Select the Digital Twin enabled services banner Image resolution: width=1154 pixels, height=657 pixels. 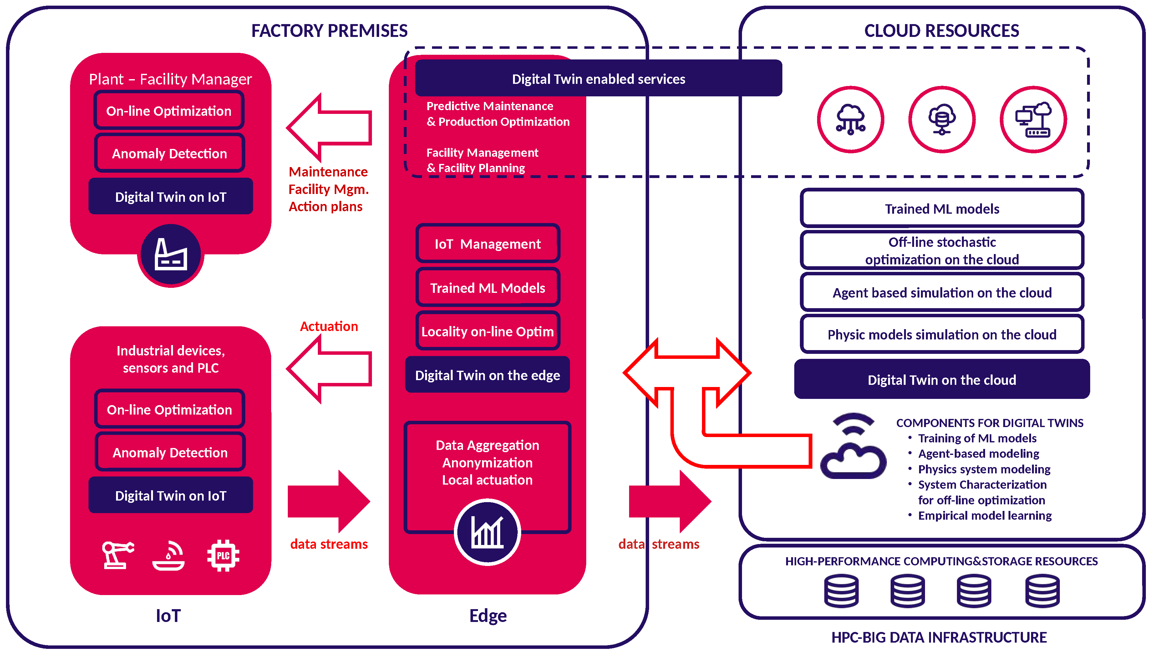click(598, 79)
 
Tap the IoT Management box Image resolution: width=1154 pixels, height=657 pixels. click(487, 244)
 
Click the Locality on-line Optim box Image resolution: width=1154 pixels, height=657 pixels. click(487, 331)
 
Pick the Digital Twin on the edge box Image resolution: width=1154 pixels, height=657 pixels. click(487, 375)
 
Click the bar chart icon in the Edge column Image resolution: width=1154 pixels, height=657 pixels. click(487, 532)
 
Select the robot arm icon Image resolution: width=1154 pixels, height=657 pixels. click(117, 555)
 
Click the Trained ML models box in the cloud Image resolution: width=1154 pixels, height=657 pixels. click(942, 208)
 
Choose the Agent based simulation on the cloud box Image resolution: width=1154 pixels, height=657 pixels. click(942, 293)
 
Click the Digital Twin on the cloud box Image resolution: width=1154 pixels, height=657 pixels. click(942, 379)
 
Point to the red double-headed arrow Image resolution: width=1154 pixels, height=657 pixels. click(687, 373)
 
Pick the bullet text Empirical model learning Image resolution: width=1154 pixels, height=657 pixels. click(984, 515)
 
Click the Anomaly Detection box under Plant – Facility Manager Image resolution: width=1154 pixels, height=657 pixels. click(169, 153)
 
